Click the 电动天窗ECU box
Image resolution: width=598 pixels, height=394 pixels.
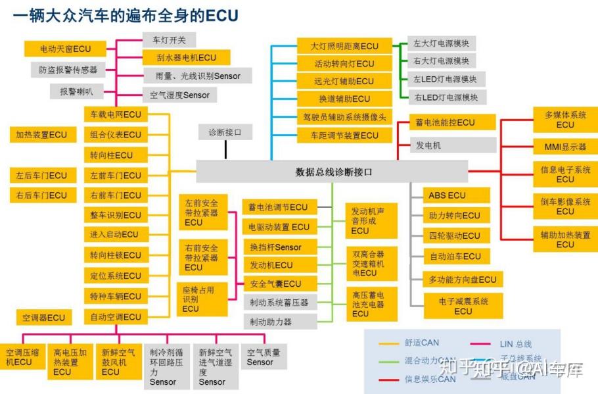[66, 49]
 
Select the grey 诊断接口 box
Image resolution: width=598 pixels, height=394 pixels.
[225, 133]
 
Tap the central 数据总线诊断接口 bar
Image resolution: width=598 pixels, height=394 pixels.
[333, 172]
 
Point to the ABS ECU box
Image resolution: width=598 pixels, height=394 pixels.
[447, 195]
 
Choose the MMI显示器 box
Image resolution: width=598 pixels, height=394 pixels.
[564, 146]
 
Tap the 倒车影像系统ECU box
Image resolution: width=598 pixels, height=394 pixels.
[564, 207]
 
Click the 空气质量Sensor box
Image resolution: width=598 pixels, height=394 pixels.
[264, 357]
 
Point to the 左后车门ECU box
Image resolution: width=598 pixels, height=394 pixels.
[41, 176]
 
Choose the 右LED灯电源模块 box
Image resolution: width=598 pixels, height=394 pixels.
[446, 97]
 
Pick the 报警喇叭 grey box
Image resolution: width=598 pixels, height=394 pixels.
[77, 91]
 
